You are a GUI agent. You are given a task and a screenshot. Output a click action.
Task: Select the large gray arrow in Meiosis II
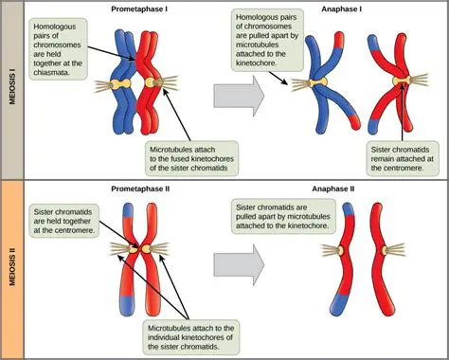coord(239,268)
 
